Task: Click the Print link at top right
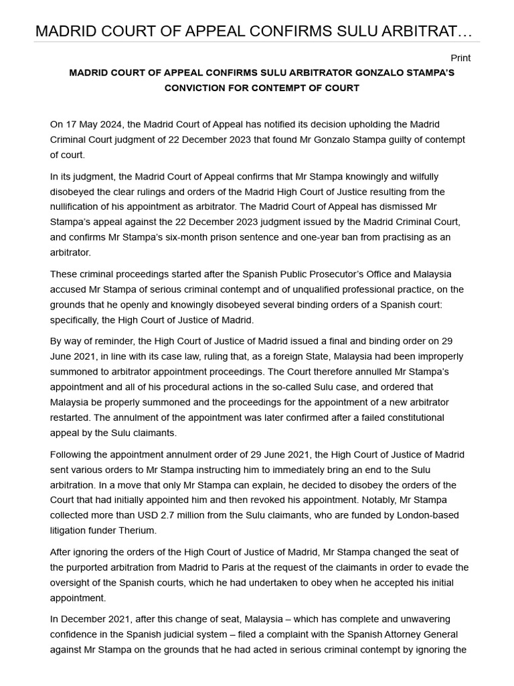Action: pyautogui.click(x=460, y=58)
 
